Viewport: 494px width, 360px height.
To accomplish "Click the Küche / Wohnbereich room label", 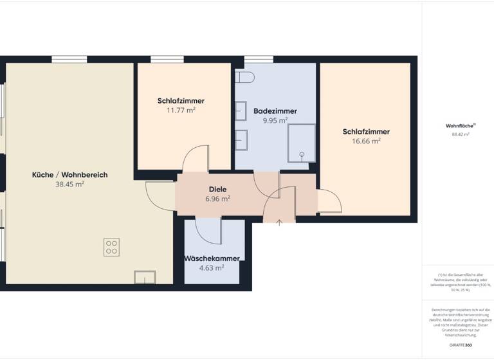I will [70, 174].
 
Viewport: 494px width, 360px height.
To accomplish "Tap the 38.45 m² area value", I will [70, 184].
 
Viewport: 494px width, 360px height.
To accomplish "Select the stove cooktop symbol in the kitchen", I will [111, 247].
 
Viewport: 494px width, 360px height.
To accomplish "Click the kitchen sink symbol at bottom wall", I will [144, 277].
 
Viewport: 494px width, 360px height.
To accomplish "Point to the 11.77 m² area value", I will [181, 110].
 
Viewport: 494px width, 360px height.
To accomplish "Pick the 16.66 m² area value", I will [366, 141].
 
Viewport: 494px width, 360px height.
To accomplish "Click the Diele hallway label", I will [217, 190].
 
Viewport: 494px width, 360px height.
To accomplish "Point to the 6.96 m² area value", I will [217, 199].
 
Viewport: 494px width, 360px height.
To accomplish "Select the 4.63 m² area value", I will [212, 267].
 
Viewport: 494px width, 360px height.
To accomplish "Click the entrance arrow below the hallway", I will [279, 222].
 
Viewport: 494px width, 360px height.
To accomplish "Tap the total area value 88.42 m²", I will [460, 134].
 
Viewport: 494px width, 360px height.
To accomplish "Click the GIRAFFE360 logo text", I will [460, 345].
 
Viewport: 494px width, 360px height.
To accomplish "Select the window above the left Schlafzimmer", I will [169, 60].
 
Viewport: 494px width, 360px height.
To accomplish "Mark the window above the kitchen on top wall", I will [69, 60].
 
